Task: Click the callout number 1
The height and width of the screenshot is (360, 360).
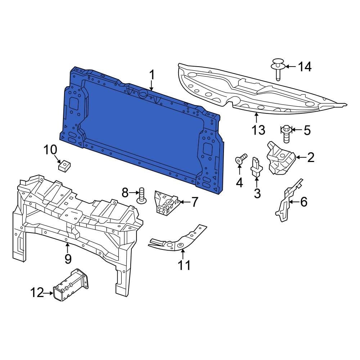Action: (152, 75)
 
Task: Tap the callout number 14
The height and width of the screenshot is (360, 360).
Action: (305, 67)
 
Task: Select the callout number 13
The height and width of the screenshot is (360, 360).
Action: (258, 130)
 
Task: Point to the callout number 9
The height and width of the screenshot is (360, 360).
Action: (68, 258)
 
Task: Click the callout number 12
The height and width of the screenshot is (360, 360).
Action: (37, 293)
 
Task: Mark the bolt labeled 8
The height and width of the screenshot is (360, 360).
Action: (141, 194)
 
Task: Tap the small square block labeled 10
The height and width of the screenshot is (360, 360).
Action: (63, 166)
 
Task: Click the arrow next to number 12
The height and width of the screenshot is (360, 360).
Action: (49, 293)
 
